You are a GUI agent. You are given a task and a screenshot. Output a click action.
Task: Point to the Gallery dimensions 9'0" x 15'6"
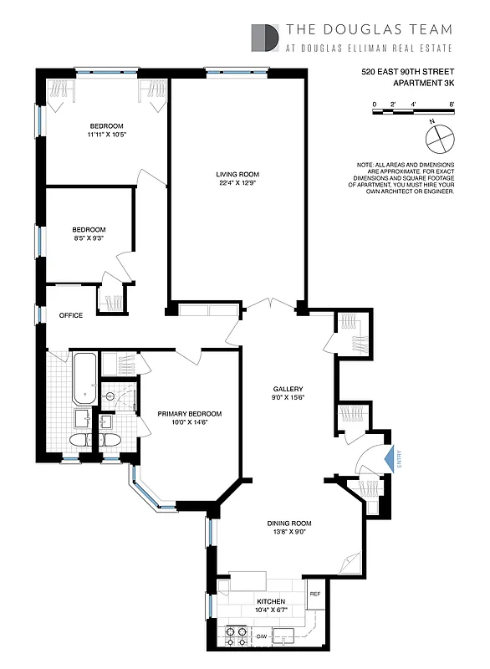pos(287,399)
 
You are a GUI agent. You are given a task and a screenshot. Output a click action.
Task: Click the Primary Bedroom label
pos(190,414)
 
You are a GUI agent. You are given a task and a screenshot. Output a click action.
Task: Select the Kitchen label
pos(272,601)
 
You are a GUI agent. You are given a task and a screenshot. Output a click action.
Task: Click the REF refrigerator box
pos(315,594)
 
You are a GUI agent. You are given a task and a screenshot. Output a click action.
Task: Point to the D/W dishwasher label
pos(261,636)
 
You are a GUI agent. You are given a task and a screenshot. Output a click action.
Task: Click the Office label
pos(70,315)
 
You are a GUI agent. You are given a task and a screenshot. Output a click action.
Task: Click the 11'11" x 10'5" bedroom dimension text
pos(108,134)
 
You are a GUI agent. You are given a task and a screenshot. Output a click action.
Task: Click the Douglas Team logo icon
pos(266,38)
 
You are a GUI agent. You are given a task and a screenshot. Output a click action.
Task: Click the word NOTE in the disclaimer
pos(365,166)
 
